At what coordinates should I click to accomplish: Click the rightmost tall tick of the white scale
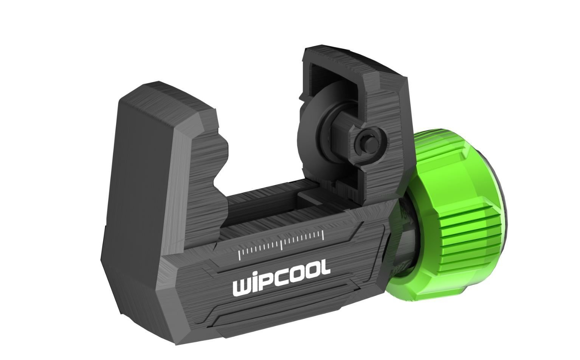point(323,235)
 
